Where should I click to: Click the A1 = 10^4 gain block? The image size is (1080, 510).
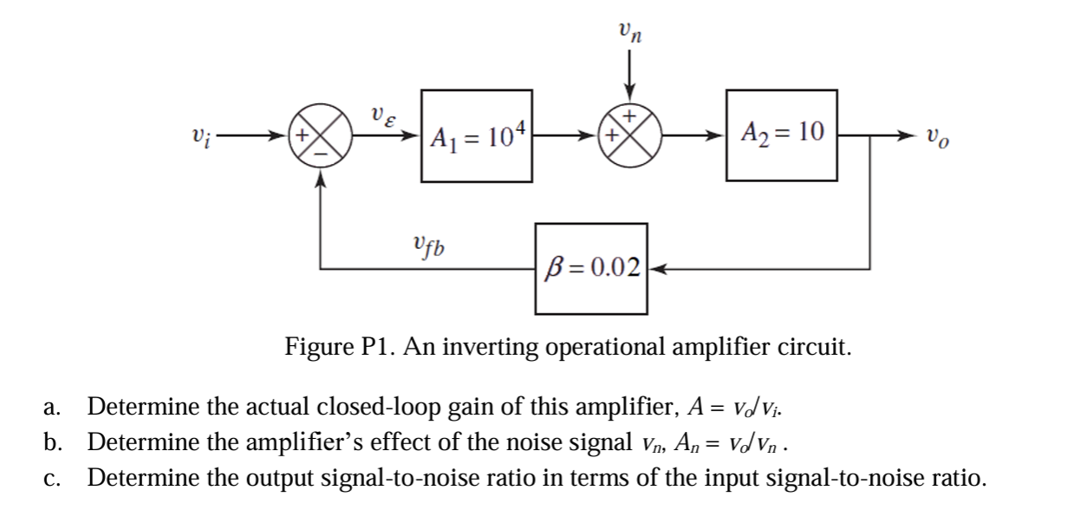[x=475, y=135]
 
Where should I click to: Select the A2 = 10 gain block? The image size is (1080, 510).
[x=781, y=135]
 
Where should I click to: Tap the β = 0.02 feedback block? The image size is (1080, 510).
[x=592, y=268]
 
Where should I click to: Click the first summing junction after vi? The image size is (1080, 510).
[x=322, y=137]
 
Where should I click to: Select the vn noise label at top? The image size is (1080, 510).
[x=630, y=32]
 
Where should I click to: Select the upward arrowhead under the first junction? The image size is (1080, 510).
[x=322, y=176]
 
